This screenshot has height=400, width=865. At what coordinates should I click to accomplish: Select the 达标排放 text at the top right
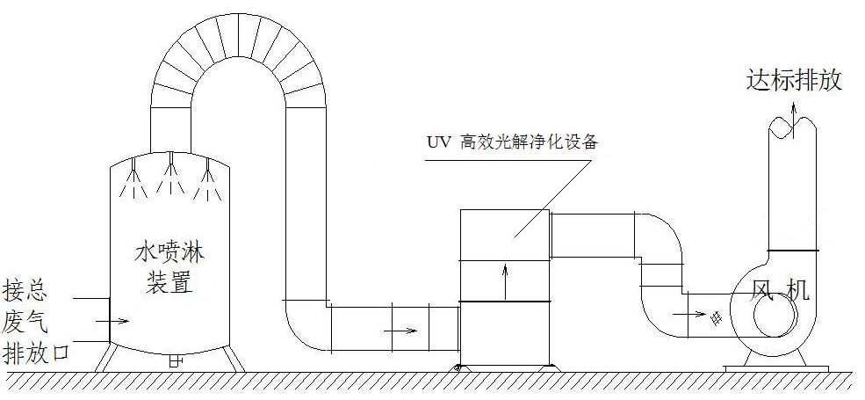[x=794, y=81]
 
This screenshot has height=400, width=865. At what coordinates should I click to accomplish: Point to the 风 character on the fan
[x=766, y=291]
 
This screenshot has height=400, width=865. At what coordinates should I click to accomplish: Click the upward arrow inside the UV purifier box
[x=505, y=280]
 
